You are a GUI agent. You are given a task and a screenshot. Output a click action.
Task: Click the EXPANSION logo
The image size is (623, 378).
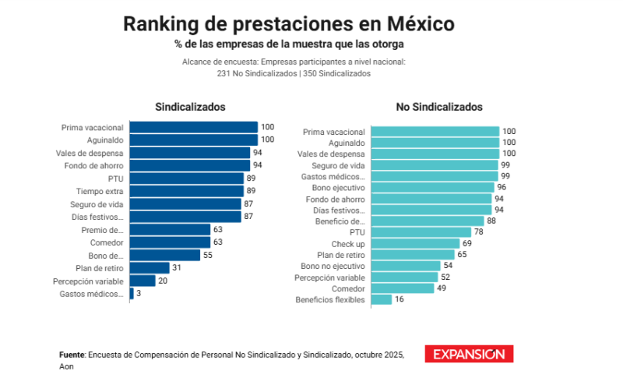[469, 354]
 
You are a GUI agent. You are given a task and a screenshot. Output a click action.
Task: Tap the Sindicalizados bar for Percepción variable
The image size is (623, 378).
[143, 281]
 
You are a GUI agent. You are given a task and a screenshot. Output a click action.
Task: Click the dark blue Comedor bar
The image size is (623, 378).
[170, 242]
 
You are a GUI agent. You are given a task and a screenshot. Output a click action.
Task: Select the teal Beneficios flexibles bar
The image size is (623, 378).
[381, 299]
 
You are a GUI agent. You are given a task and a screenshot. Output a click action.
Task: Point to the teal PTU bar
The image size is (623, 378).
[421, 232]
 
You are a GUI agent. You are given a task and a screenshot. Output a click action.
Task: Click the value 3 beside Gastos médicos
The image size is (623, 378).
[139, 294]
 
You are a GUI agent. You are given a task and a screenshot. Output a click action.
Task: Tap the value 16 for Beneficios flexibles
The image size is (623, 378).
[399, 299]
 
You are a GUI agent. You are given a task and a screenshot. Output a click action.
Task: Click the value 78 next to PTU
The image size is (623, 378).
[480, 232]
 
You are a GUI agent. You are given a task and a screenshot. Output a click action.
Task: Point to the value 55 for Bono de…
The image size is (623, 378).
[208, 255]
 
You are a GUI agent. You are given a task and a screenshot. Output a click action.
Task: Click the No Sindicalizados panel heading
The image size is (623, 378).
[438, 107]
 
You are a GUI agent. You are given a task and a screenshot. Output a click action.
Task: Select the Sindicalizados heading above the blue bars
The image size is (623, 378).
[190, 107]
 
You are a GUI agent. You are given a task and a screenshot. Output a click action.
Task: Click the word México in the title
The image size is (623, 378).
[422, 23]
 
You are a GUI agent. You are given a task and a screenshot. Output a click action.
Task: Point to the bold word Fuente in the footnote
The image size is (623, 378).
[72, 355]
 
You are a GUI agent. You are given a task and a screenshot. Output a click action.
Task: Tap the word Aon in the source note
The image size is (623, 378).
[66, 366]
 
